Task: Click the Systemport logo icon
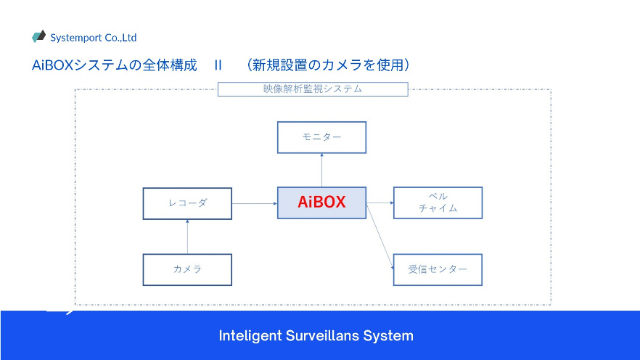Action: (x=38, y=36)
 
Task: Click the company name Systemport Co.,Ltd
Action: (x=94, y=38)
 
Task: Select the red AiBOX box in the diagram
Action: (x=321, y=202)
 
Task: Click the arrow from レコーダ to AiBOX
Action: (x=255, y=203)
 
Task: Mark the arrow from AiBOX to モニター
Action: (x=321, y=171)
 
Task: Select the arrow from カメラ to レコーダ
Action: (x=187, y=237)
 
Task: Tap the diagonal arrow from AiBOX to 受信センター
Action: (x=380, y=237)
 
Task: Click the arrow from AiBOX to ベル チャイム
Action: (x=380, y=202)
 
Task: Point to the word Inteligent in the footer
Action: (x=250, y=336)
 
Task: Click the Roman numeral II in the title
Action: (x=218, y=65)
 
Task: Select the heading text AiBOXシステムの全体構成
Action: (x=115, y=65)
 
